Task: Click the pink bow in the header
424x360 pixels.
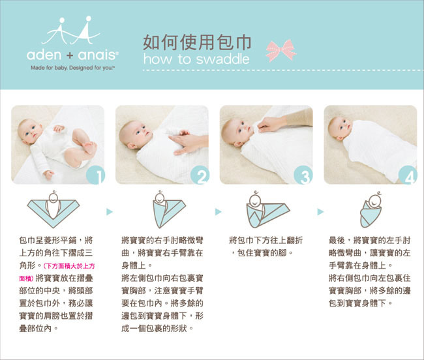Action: (x=281, y=50)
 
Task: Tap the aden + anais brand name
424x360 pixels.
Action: (x=72, y=55)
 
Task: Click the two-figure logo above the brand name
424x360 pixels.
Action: (x=71, y=30)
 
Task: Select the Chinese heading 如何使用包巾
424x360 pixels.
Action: (x=197, y=42)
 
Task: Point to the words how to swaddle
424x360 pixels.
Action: (x=196, y=59)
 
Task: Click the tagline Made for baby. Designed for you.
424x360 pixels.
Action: (x=73, y=68)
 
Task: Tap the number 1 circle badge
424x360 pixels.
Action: (x=95, y=175)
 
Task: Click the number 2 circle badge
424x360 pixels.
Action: (x=200, y=175)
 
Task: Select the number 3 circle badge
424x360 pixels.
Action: (x=303, y=175)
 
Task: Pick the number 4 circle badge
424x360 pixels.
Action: (x=408, y=175)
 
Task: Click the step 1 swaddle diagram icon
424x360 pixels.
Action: (x=53, y=209)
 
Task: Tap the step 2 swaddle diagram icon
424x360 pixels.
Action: (x=170, y=209)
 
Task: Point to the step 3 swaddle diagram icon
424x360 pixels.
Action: (x=267, y=209)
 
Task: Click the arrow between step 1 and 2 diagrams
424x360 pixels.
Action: (x=110, y=211)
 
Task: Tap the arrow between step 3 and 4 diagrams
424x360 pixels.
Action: (x=320, y=211)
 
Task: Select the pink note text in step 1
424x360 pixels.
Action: (x=57, y=272)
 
